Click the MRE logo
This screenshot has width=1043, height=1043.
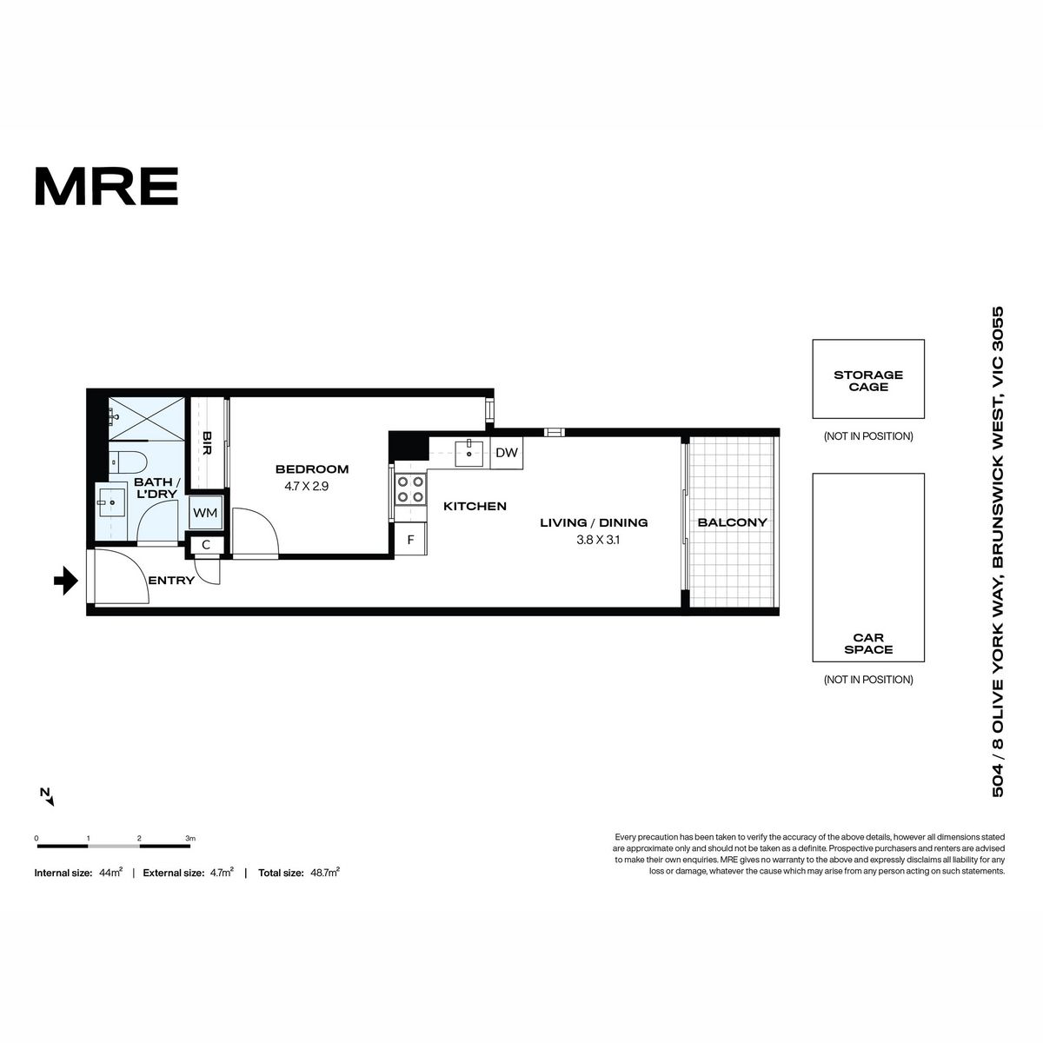coord(107,186)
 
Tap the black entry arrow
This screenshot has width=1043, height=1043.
coord(66,581)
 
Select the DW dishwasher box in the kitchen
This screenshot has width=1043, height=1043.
coord(507,453)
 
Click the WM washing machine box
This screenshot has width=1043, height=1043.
coord(206,513)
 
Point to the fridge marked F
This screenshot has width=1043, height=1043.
coord(411,539)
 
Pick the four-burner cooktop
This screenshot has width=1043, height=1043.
coord(411,488)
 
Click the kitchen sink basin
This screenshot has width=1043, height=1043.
coord(468,453)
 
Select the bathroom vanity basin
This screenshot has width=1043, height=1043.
coord(111,503)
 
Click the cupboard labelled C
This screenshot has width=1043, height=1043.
coord(206,544)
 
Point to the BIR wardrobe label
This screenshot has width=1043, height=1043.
coord(206,442)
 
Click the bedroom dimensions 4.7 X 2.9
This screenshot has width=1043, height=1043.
coord(306,486)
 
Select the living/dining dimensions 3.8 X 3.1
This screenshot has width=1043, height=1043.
coord(598,540)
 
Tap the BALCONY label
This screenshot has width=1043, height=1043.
coord(733,522)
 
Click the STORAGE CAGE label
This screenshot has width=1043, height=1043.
coord(868,381)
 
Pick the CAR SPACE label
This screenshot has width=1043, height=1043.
coord(868,643)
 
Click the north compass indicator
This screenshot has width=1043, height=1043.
coord(47,797)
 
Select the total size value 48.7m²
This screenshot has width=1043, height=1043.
coord(325,873)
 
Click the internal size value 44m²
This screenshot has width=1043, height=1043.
coord(111,873)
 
